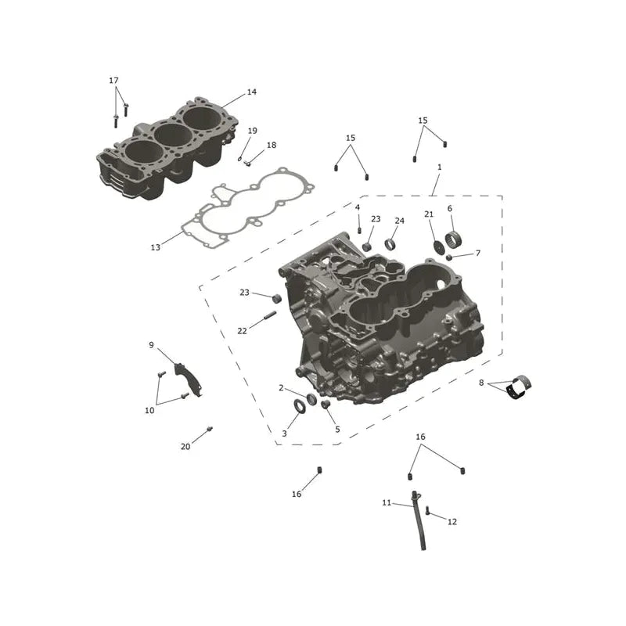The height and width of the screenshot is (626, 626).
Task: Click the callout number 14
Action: coord(251,92)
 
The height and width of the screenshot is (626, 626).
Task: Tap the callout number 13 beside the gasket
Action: coord(155,247)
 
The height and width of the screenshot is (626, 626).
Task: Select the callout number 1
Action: coord(440,167)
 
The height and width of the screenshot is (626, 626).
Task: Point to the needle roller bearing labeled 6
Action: coord(453,239)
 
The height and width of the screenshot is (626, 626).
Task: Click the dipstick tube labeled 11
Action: coord(419,520)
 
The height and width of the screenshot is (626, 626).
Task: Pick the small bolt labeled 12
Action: coord(427,511)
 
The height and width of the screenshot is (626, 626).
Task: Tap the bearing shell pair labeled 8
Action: coord(519,386)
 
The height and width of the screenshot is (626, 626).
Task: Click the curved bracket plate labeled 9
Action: coord(189,380)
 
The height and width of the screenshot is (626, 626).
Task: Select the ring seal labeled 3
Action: coord(300,406)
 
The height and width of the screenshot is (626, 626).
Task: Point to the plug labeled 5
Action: coord(326,405)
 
